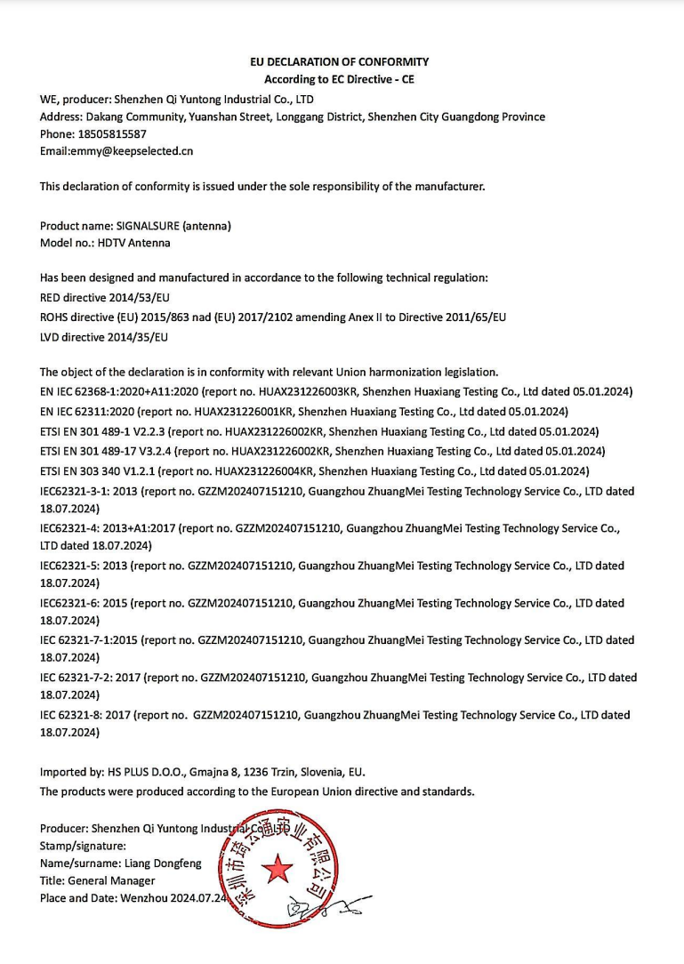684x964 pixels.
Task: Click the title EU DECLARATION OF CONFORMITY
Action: pyautogui.click(x=339, y=62)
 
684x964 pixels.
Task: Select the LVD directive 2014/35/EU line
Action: pyautogui.click(x=104, y=337)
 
